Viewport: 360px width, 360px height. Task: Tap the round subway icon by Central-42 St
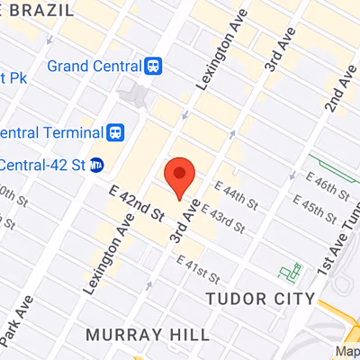(x=97, y=165)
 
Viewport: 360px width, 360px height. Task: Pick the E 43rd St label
(x=223, y=219)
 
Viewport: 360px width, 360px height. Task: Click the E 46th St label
(x=329, y=192)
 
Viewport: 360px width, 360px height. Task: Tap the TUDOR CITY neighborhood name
(x=260, y=299)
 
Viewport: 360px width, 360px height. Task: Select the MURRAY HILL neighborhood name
(x=148, y=335)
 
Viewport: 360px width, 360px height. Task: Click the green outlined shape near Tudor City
(x=290, y=272)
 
